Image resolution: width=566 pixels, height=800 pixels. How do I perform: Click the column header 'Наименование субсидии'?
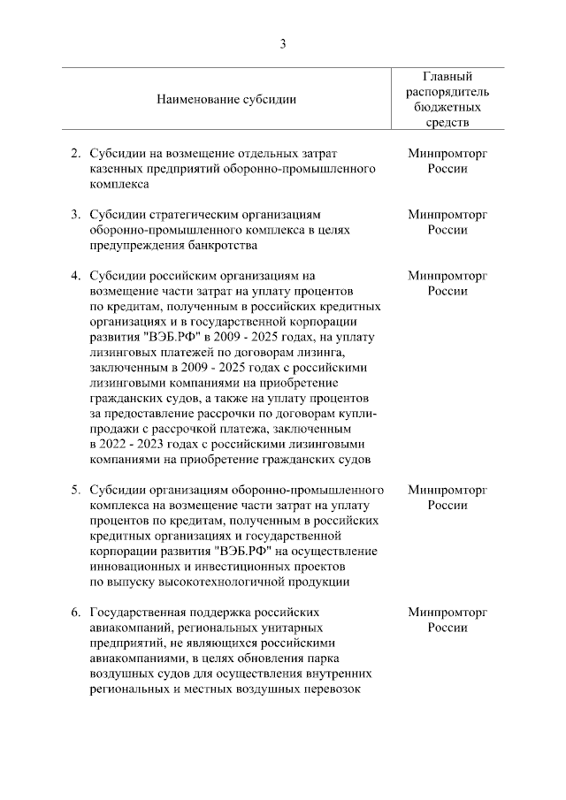click(x=226, y=99)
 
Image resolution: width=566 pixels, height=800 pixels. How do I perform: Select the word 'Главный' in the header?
click(x=447, y=76)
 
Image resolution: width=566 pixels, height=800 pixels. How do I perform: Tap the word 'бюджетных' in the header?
click(x=447, y=107)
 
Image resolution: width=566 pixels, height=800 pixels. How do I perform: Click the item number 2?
click(x=75, y=154)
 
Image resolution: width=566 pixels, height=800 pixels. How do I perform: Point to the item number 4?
click(x=75, y=275)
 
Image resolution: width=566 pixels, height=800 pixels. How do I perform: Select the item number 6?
click(x=75, y=611)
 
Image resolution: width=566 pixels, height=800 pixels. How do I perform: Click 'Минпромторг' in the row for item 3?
click(x=447, y=215)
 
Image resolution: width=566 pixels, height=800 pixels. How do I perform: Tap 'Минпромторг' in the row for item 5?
click(x=447, y=489)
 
